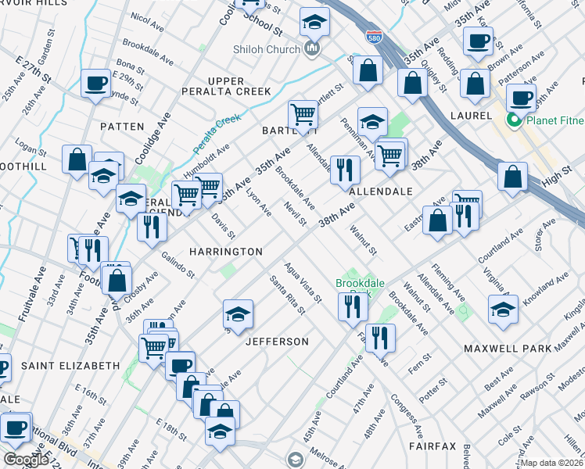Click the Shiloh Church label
pos(266,50)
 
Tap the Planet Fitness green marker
pos(515,120)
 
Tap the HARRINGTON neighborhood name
pos(226,252)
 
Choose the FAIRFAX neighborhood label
pos(431,446)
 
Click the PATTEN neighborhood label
pos(122,126)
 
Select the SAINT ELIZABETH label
pos(70,365)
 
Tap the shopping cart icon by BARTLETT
pos(303,114)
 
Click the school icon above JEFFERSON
pos(238,313)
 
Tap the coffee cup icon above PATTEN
pos(95,82)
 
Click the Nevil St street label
pos(295,213)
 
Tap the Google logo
pos(26,460)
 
